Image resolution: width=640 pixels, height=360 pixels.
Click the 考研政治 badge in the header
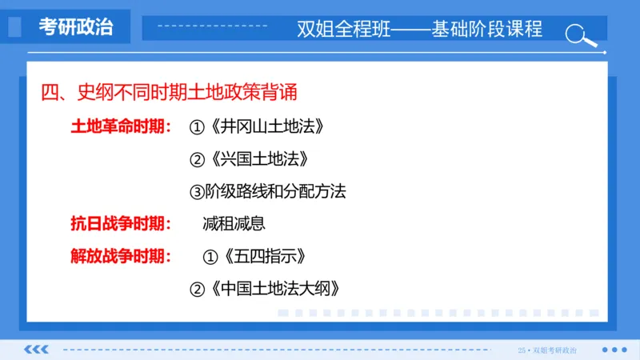[76, 27]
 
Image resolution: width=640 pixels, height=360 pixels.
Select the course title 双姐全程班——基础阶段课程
[419, 30]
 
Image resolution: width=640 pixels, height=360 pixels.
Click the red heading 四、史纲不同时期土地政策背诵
[169, 93]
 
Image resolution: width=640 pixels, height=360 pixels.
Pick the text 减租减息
[234, 224]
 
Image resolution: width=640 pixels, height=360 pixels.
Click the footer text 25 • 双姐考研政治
[547, 350]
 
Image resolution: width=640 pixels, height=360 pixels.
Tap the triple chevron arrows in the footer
[37, 350]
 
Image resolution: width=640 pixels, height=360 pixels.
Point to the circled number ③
[197, 192]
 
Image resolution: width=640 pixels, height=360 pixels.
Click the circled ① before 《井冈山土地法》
[197, 127]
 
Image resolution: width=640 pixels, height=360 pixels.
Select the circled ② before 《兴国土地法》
[197, 159]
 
